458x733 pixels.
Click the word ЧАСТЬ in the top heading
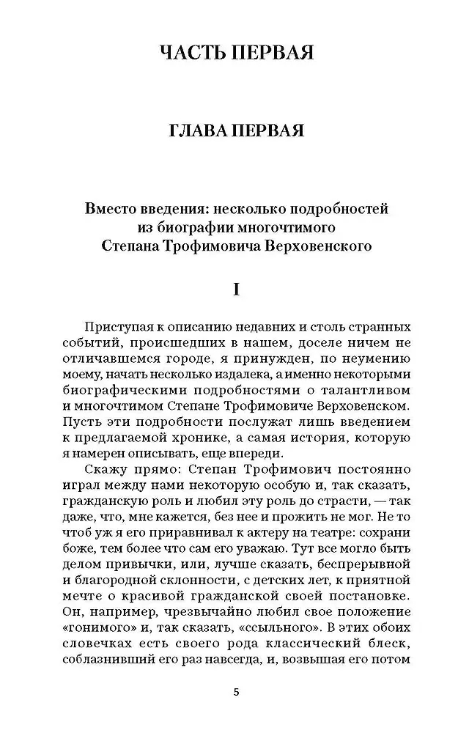(x=190, y=53)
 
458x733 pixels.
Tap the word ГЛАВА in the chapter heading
(x=196, y=131)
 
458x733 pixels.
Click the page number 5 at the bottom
(x=235, y=693)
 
